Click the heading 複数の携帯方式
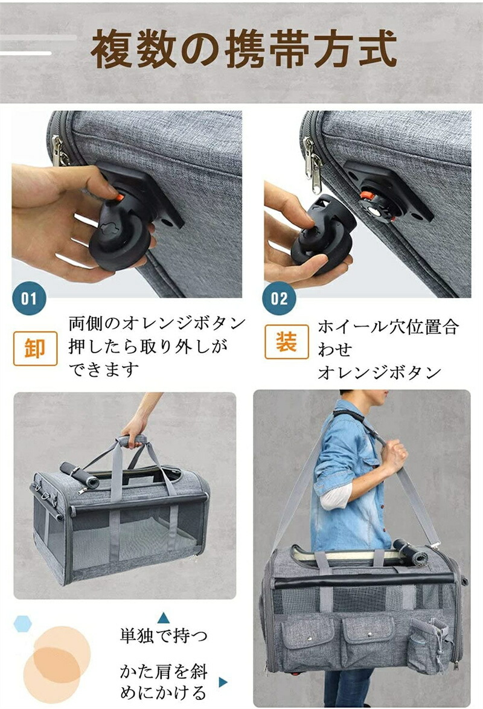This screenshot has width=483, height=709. [x=244, y=50]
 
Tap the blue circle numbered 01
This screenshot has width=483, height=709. [x=29, y=298]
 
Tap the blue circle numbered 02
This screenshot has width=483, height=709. [x=279, y=298]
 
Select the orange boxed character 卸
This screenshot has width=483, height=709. [x=35, y=348]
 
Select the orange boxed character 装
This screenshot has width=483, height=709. [x=287, y=341]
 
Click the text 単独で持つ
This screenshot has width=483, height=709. [x=164, y=636]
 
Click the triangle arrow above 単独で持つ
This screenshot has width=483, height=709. [x=163, y=618]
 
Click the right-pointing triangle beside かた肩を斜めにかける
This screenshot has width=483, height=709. [x=223, y=682]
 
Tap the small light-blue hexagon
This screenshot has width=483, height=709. [x=22, y=624]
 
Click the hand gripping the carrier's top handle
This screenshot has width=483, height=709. [x=136, y=429]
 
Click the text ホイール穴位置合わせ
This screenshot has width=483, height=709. [x=388, y=338]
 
